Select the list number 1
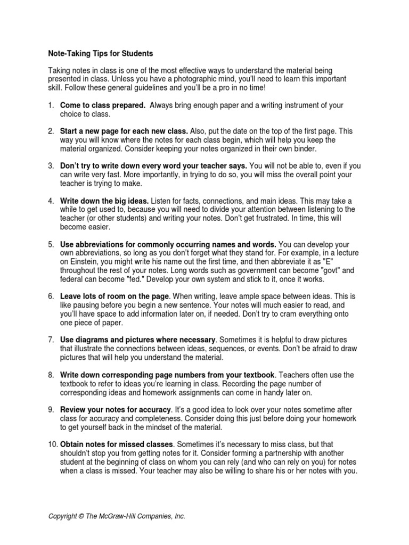pyautogui.click(x=51, y=105)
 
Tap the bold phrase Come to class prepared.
pyautogui.click(x=103, y=105)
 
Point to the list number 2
pyautogui.click(x=51, y=131)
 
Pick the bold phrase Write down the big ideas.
pyautogui.click(x=104, y=201)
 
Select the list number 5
pyautogui.click(x=51, y=244)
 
